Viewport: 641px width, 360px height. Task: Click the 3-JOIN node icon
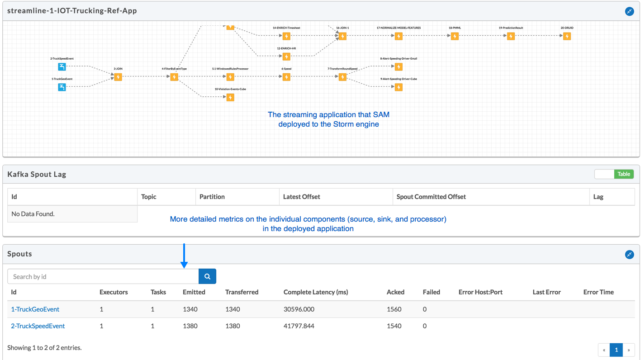pyautogui.click(x=118, y=77)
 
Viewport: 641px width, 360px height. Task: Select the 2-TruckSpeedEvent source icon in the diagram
pyautogui.click(x=62, y=66)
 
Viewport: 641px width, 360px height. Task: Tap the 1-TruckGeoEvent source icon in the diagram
pyautogui.click(x=62, y=87)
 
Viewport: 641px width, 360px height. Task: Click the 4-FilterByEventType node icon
pyautogui.click(x=174, y=77)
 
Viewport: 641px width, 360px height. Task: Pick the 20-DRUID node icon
pyautogui.click(x=567, y=36)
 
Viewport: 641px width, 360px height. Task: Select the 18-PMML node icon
pyautogui.click(x=455, y=36)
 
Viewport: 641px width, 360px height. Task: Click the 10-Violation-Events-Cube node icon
pyautogui.click(x=230, y=97)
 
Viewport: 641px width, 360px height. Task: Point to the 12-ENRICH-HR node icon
pyautogui.click(x=286, y=57)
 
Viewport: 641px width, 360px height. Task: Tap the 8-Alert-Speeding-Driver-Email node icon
pyautogui.click(x=399, y=66)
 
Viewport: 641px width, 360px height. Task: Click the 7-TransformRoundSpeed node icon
pyautogui.click(x=342, y=77)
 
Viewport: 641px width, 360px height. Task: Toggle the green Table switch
pyautogui.click(x=614, y=174)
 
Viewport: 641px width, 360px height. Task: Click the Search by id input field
pyautogui.click(x=103, y=276)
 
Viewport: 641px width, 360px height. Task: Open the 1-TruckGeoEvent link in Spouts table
pyautogui.click(x=35, y=309)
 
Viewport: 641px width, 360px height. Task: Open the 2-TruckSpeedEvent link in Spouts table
pyautogui.click(x=38, y=326)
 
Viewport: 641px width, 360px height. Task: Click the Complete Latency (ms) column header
pyautogui.click(x=315, y=292)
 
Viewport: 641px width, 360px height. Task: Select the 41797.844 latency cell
pyautogui.click(x=299, y=326)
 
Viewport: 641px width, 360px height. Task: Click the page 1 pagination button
pyautogui.click(x=616, y=350)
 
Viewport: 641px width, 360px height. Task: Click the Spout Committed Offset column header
pyautogui.click(x=431, y=197)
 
